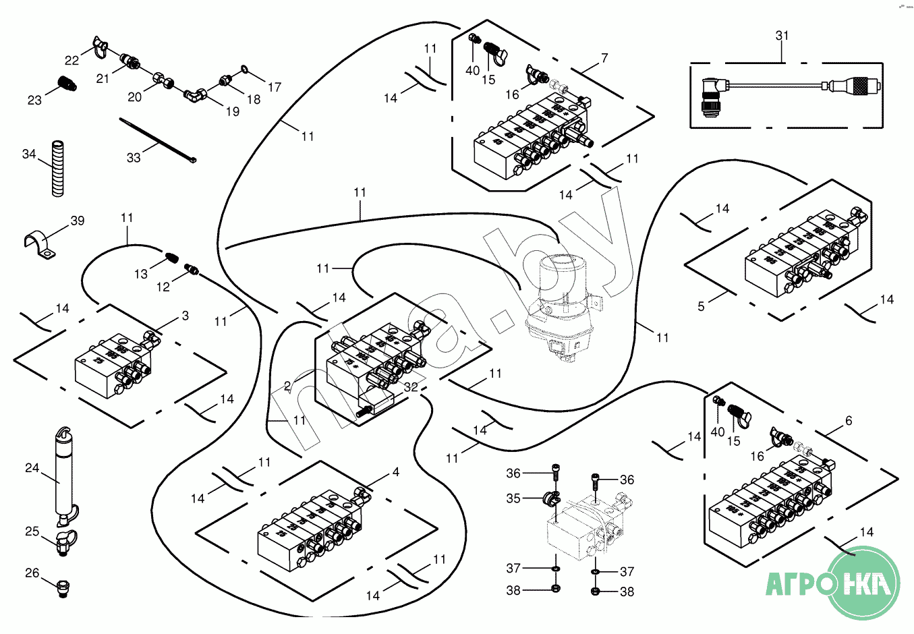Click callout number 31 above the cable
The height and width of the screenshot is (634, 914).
[782, 36]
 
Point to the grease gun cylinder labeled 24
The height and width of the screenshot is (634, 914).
[63, 475]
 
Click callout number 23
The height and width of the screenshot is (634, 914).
[34, 100]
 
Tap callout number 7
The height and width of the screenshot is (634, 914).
[604, 58]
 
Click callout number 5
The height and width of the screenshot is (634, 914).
[701, 307]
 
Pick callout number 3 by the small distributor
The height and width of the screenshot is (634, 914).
[185, 316]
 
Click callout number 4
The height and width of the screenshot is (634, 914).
[396, 472]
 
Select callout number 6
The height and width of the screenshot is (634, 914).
[849, 421]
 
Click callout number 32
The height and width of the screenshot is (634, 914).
[411, 388]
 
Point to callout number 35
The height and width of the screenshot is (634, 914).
[513, 498]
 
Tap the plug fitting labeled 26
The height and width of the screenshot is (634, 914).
[64, 588]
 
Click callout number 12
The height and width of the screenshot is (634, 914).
[163, 287]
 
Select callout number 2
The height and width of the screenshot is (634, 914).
[287, 386]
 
